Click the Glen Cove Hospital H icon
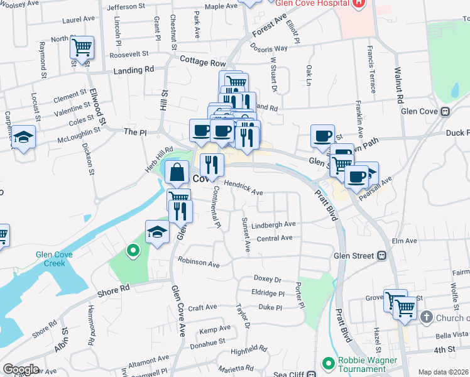click(x=358, y=3)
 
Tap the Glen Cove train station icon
click(x=445, y=112)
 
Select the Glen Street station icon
click(x=381, y=256)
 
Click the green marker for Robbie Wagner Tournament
click(x=327, y=363)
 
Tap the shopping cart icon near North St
click(x=82, y=47)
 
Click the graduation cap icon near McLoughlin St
click(x=23, y=138)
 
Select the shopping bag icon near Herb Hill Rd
click(x=177, y=171)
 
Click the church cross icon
click(x=427, y=317)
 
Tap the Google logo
click(x=21, y=369)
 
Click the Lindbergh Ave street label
click(x=273, y=224)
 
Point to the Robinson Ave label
click(x=199, y=261)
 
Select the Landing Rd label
click(x=133, y=71)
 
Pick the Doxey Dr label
click(x=267, y=278)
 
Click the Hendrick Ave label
click(x=243, y=188)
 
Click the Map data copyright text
click(x=443, y=372)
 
